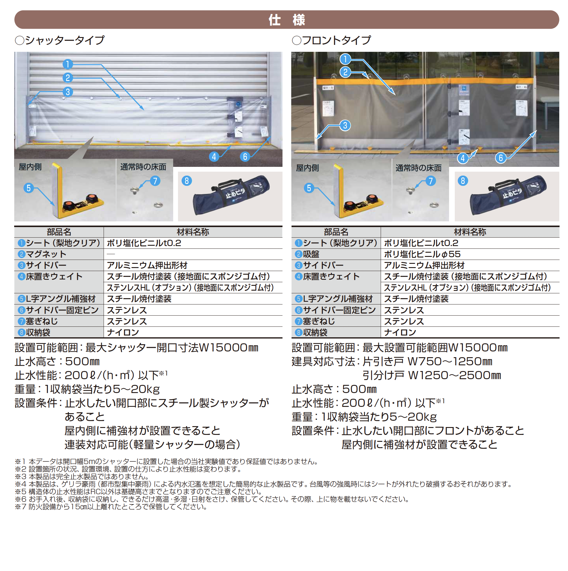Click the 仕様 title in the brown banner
pyautogui.click(x=287, y=20)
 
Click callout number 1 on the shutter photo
pyautogui.click(x=68, y=64)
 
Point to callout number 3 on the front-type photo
pyautogui.click(x=345, y=125)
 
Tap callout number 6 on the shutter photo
pyautogui.click(x=245, y=157)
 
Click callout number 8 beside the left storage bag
pyautogui.click(x=187, y=181)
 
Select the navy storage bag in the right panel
pyautogui.click(x=508, y=195)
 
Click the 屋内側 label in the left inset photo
pyautogui.click(x=30, y=167)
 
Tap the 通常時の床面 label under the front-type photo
pyautogui.click(x=418, y=168)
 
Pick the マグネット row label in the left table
pyautogui.click(x=46, y=254)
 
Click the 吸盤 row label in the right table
pyautogui.click(x=311, y=254)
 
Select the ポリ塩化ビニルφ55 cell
pyautogui.click(x=422, y=254)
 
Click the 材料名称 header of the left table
pyautogui.click(x=193, y=232)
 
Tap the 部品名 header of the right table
pyautogui.click(x=336, y=232)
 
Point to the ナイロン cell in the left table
pyautogui.click(x=123, y=332)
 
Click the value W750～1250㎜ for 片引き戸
pyautogui.click(x=450, y=361)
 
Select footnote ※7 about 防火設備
pyautogui.click(x=111, y=507)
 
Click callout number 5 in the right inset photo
pyautogui.click(x=309, y=188)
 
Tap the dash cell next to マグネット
pyautogui.click(x=111, y=254)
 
